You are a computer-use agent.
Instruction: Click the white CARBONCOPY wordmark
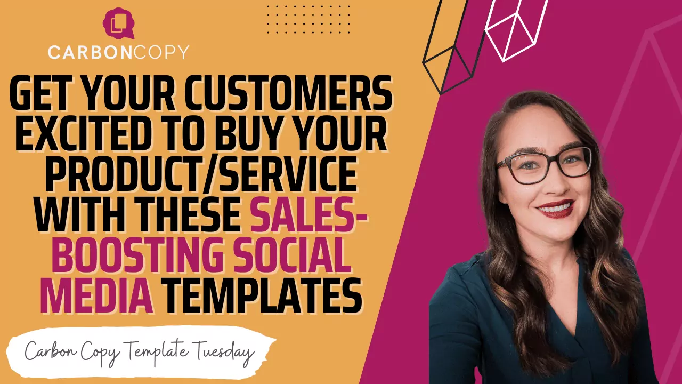(118, 52)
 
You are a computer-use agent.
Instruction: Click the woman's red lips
(555, 207)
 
